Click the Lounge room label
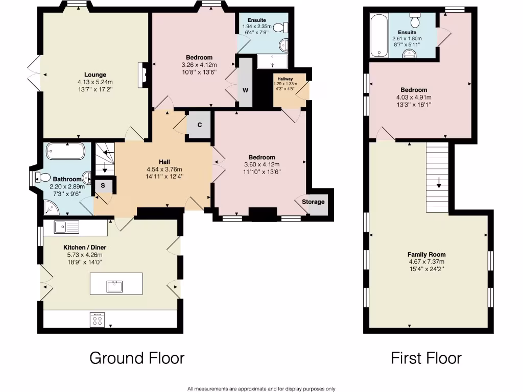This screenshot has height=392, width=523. pyautogui.click(x=96, y=75)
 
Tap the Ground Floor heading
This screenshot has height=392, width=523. pyautogui.click(x=137, y=358)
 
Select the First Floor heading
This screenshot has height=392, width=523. pyautogui.click(x=426, y=358)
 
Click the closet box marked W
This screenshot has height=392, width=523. pyautogui.click(x=245, y=90)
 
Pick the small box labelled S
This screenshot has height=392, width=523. pyautogui.click(x=103, y=185)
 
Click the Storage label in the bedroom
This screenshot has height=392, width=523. pyautogui.click(x=313, y=202)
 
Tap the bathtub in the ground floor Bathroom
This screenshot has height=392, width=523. pyautogui.click(x=65, y=152)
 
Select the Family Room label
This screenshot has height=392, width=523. pyautogui.click(x=426, y=254)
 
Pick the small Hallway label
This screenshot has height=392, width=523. pyautogui.click(x=285, y=79)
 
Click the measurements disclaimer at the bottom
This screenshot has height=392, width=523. pyautogui.click(x=261, y=388)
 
